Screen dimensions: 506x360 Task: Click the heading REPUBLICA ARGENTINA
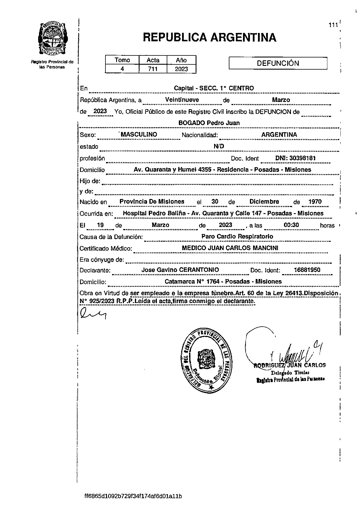(x=209, y=38)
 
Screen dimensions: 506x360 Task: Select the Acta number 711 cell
(x=153, y=69)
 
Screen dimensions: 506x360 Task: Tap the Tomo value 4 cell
(x=122, y=69)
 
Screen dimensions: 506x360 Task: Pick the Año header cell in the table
(x=181, y=60)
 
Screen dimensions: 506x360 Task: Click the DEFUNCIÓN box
(x=278, y=63)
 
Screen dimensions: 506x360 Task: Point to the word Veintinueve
(x=182, y=100)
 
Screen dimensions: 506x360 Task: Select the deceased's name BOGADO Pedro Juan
(x=209, y=123)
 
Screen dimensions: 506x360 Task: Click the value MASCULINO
(x=139, y=134)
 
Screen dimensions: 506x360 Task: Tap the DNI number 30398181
(x=295, y=158)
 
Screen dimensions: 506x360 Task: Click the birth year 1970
(x=315, y=202)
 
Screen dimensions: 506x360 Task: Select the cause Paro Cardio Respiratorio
(x=237, y=236)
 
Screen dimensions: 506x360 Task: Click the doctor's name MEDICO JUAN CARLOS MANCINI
(x=230, y=248)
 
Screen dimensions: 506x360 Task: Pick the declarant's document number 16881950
(x=307, y=270)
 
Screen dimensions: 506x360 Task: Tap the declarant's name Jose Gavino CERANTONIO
(x=180, y=270)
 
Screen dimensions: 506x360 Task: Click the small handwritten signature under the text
(x=93, y=314)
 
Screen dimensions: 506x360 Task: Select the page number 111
(x=333, y=25)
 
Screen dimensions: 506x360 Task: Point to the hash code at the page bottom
(x=133, y=496)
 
